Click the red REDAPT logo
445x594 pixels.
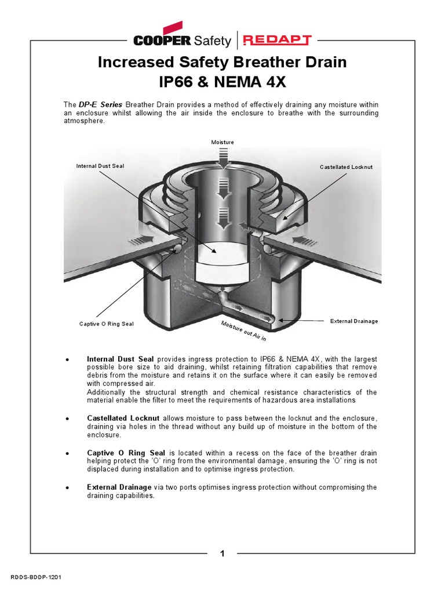click(277, 40)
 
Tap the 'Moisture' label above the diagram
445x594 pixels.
click(222, 142)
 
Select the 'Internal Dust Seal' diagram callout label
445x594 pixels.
click(100, 166)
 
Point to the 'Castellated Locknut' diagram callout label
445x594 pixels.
click(346, 167)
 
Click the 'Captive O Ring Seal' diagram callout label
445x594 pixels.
click(106, 324)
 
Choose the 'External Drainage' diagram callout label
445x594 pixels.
click(353, 321)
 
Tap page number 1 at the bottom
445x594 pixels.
click(222, 553)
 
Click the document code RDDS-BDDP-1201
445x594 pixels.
click(36, 578)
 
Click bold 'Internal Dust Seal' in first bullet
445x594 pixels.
click(120, 359)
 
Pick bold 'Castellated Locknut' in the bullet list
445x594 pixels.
click(123, 418)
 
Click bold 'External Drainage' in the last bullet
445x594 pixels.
click(119, 487)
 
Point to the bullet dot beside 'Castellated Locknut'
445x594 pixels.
click(68, 418)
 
